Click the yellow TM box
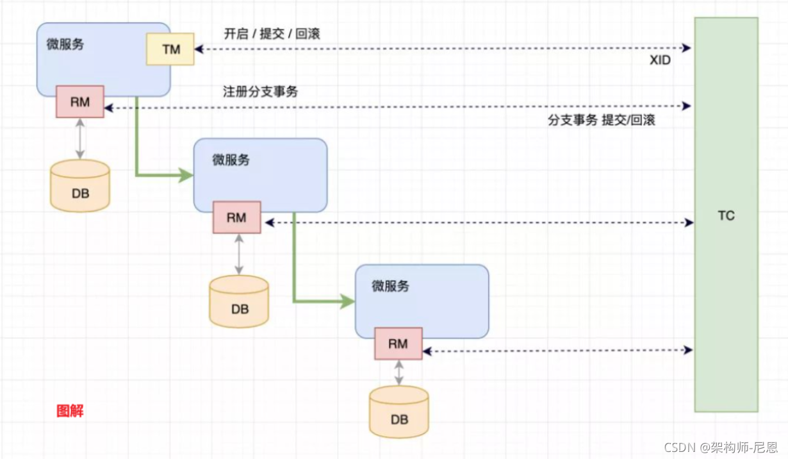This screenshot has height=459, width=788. point(170,49)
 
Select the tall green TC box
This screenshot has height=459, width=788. point(726,215)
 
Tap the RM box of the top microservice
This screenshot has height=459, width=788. point(80,101)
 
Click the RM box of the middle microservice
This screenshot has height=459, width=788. point(236,217)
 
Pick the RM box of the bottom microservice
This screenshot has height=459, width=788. point(398,344)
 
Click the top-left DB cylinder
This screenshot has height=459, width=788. point(80,185)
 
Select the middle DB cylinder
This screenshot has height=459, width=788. point(239,302)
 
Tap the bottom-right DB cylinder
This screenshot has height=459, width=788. point(398,412)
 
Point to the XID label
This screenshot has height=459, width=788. point(661,60)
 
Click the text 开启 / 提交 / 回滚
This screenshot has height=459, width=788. point(272,33)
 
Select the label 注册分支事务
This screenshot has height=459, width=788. point(260,92)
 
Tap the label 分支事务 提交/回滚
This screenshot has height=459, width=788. point(601,120)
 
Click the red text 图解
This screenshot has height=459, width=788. point(70,411)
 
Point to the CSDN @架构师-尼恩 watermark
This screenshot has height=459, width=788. point(720,447)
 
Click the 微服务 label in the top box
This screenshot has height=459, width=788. point(65,45)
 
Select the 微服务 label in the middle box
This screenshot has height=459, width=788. point(231,160)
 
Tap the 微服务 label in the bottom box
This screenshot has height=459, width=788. point(390,286)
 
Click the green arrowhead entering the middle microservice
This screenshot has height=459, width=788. point(186,174)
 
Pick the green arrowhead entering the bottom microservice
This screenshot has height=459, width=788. point(348,301)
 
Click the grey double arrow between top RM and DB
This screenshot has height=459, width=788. point(80,138)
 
